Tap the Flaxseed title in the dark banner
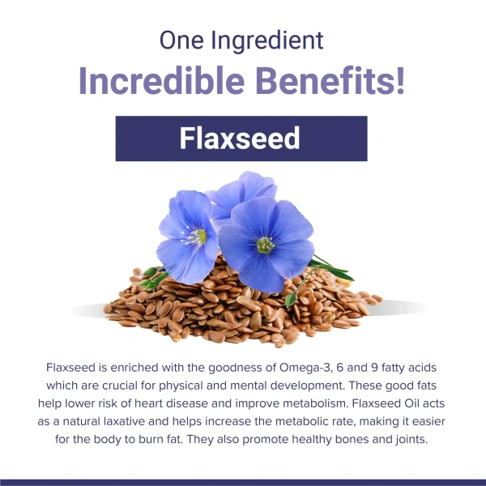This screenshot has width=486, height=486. click(241, 139)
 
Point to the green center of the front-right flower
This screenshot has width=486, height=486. click(265, 245)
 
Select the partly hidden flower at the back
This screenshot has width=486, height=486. click(243, 191)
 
